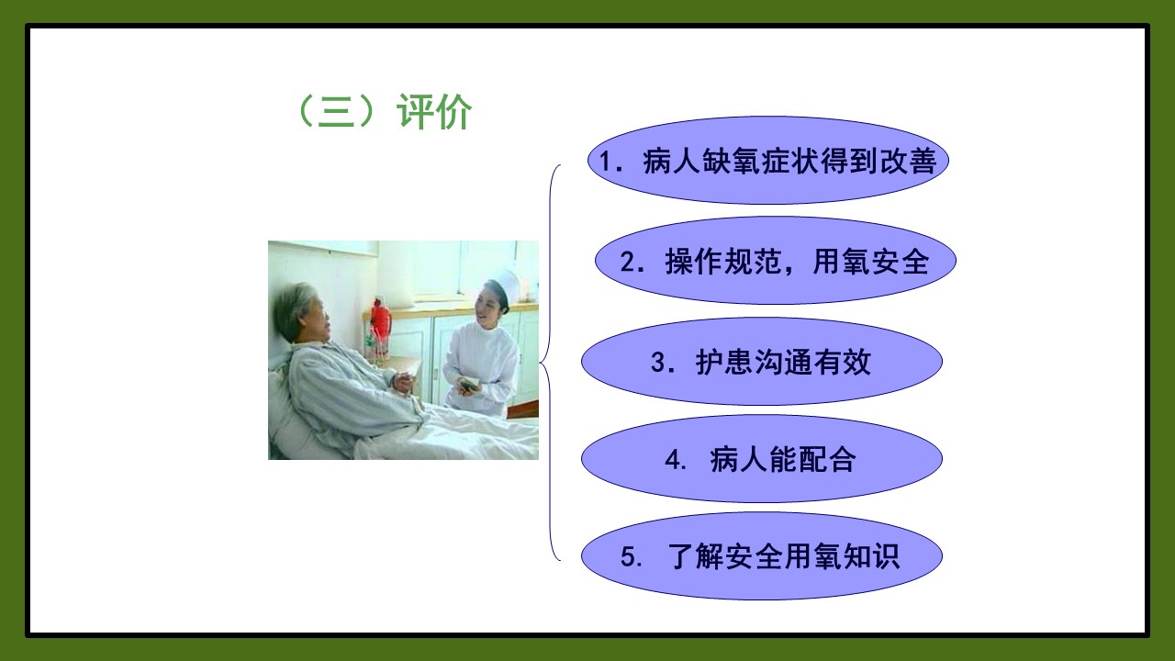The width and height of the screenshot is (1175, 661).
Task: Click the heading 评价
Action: tap(434, 112)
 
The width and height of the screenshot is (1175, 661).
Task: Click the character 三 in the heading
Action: tap(336, 112)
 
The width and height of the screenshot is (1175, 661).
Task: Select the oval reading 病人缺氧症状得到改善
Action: tap(768, 160)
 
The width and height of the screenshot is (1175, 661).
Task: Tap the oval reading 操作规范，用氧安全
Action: tap(776, 261)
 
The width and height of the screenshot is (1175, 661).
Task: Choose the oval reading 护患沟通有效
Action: tap(762, 362)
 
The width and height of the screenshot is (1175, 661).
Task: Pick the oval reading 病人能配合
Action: tap(762, 459)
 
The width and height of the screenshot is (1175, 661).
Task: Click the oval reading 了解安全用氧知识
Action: tap(762, 556)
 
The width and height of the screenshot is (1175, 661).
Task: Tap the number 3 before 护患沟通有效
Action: tap(658, 362)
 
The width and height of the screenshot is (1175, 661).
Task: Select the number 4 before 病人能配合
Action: tap(673, 460)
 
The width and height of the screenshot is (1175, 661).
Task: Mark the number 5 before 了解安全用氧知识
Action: tap(628, 556)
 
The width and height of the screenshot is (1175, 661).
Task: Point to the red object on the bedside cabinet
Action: tap(380, 322)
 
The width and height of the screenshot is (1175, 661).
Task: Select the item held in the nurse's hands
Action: tap(469, 385)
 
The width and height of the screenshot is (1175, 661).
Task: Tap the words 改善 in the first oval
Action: tap(909, 161)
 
